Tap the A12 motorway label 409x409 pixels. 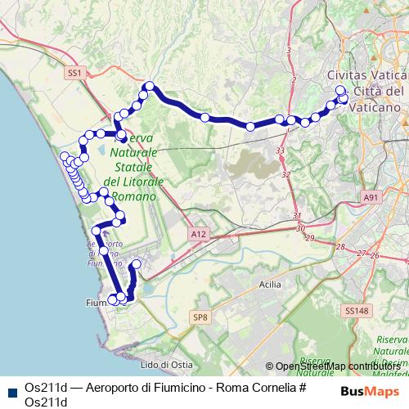pyautogui.click(x=197, y=234)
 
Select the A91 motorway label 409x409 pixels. pyautogui.click(x=372, y=197)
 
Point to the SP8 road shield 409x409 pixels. pyautogui.click(x=200, y=317)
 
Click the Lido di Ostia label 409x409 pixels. pyautogui.click(x=164, y=364)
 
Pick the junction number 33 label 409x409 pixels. pyautogui.click(x=281, y=151)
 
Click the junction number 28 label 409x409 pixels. pyautogui.click(x=340, y=246)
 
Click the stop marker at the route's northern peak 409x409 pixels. pyautogui.click(x=149, y=86)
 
